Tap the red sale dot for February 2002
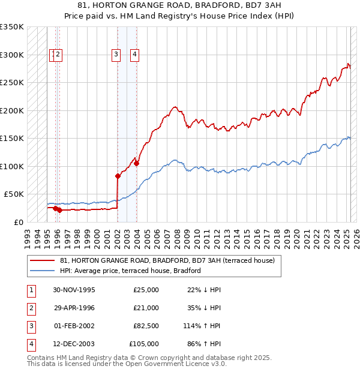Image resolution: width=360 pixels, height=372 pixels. click(118, 176)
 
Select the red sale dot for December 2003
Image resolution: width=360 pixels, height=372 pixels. click(137, 163)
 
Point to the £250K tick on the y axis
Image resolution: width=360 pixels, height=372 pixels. click(12, 83)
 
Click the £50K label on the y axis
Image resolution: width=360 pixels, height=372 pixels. click(14, 194)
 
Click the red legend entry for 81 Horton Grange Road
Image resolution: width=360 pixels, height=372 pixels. click(167, 260)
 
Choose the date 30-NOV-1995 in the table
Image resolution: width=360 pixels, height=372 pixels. click(74, 290)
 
